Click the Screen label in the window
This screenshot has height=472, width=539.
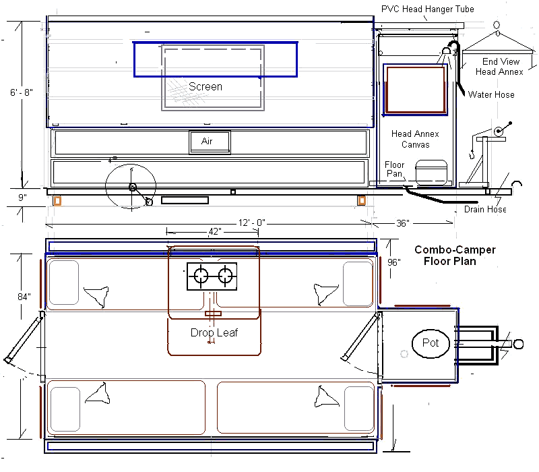pyautogui.click(x=205, y=87)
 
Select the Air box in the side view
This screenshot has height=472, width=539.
pyautogui.click(x=210, y=142)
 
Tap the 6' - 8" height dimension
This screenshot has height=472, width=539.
pyautogui.click(x=22, y=92)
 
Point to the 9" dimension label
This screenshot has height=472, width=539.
pyautogui.click(x=22, y=198)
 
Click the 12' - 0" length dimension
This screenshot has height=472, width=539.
pyautogui.click(x=252, y=223)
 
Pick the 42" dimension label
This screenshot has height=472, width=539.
pyautogui.click(x=215, y=232)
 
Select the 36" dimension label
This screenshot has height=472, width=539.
pyautogui.click(x=403, y=224)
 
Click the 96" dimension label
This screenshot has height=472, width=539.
pyautogui.click(x=394, y=262)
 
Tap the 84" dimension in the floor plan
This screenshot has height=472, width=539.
pyautogui.click(x=24, y=297)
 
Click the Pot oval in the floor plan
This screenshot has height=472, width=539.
pyautogui.click(x=431, y=343)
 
